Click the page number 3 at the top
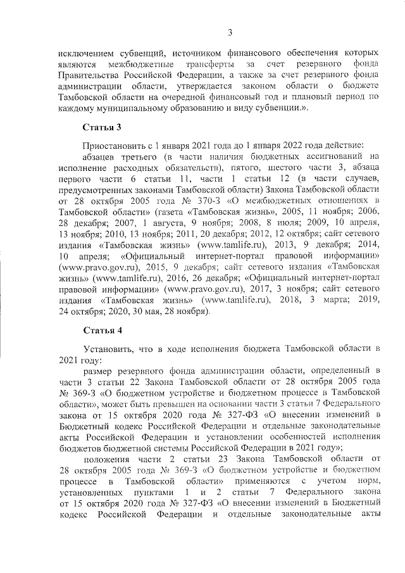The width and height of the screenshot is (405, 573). coord(230,32)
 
